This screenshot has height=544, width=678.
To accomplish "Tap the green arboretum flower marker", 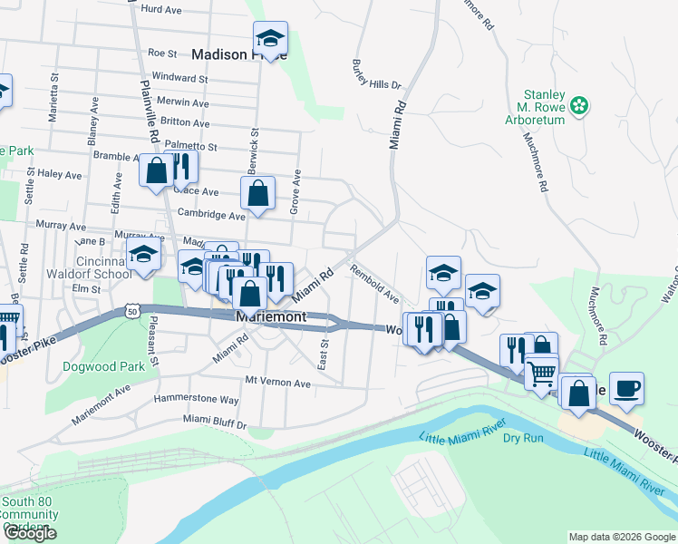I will [x=579, y=107].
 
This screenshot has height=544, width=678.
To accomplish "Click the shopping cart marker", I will [x=542, y=372].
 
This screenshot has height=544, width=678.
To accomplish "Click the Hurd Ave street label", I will [x=163, y=8].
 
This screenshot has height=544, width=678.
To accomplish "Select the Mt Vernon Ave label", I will [x=278, y=384].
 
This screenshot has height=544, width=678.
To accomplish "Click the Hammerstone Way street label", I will [x=196, y=399].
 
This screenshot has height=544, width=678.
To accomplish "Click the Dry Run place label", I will [x=522, y=437].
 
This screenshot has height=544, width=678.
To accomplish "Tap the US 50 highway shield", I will [x=132, y=311].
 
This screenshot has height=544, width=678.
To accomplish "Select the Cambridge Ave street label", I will [x=211, y=217].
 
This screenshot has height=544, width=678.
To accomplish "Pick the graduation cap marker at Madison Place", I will [x=269, y=39].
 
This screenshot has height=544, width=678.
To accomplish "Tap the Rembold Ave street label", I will [x=374, y=282].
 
